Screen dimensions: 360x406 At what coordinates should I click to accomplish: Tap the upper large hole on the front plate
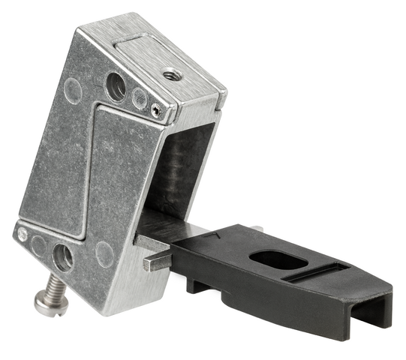coord(116,86)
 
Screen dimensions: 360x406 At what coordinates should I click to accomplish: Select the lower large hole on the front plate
coord(64,257)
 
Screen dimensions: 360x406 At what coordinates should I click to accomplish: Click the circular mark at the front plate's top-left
coord(73,91)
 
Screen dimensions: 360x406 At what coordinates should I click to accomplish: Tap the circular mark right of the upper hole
coord(140,97)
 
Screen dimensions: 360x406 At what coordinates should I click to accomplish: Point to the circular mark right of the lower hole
coord(104,254)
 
